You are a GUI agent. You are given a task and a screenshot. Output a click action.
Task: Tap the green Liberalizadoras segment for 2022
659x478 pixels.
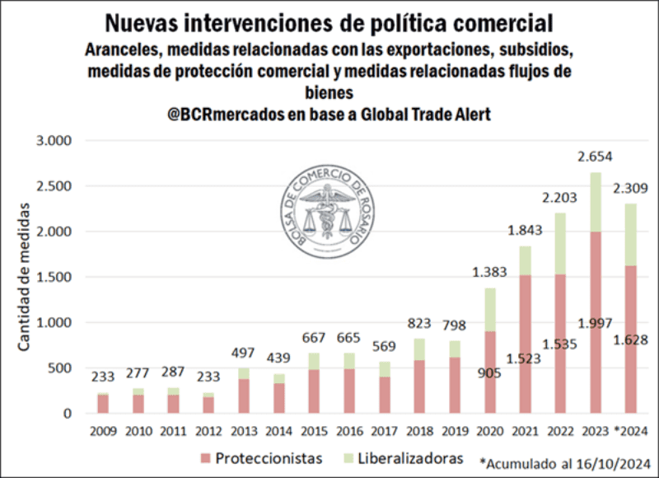point(560,243)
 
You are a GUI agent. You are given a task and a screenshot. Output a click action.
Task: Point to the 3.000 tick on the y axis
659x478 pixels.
point(55,141)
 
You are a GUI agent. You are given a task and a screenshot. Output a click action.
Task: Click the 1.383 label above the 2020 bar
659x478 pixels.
point(490,272)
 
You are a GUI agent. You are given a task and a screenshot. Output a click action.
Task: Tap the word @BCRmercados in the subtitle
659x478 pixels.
point(222,115)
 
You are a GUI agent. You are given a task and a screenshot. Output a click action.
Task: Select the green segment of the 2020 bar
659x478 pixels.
point(490,309)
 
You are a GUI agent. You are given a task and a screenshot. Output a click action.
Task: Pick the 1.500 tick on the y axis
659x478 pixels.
point(55,277)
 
